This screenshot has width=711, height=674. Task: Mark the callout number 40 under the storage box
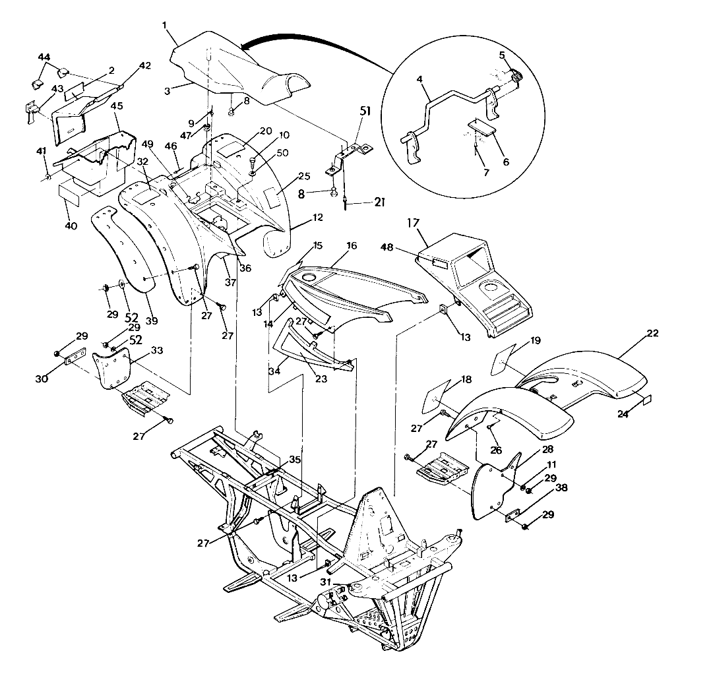click(71, 226)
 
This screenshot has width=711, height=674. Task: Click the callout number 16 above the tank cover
click(351, 246)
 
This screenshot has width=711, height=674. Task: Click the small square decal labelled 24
click(646, 399)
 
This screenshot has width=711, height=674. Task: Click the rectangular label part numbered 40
click(73, 193)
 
